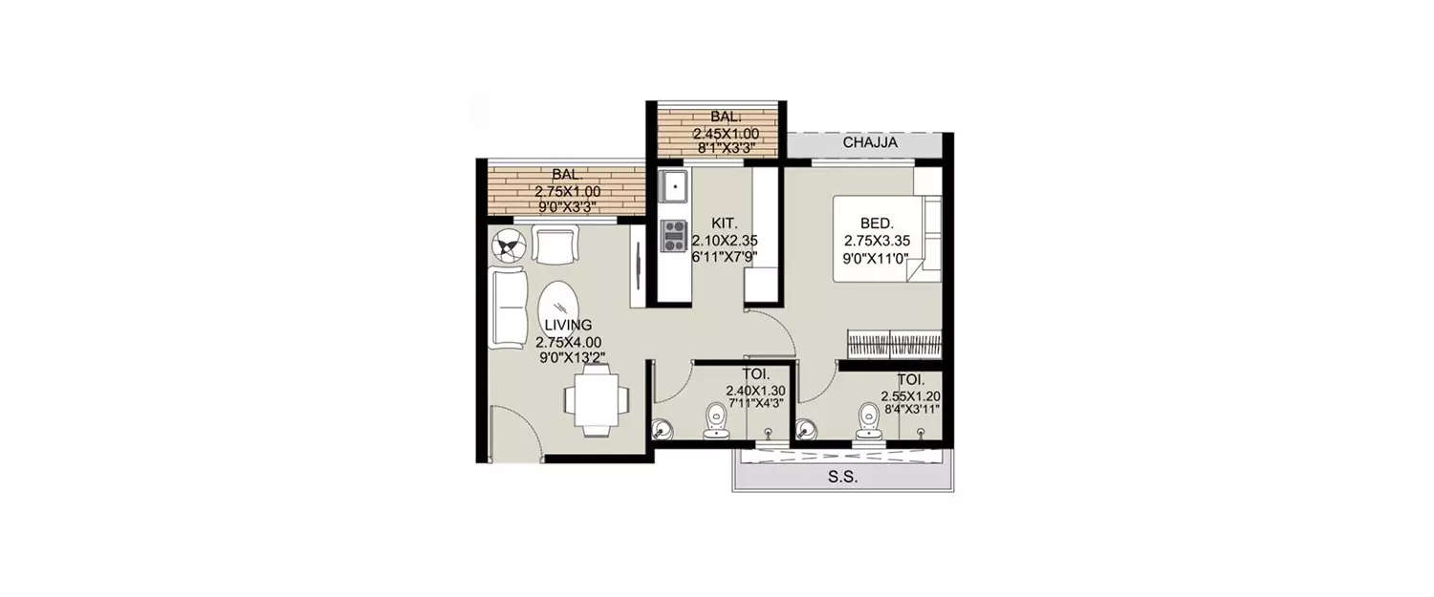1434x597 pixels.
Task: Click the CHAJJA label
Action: pos(870,143)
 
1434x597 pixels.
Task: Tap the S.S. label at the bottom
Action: pos(843,479)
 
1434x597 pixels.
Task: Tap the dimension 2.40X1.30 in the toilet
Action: pos(754,391)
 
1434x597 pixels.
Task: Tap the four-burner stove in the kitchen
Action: pos(674,235)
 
